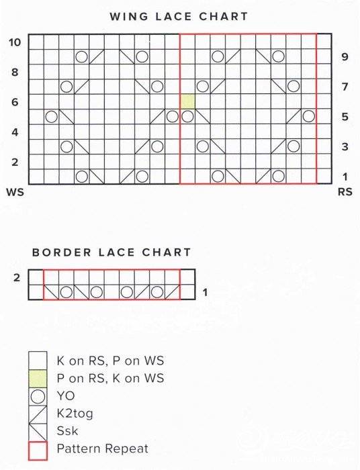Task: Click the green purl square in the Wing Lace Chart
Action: pyautogui.click(x=187, y=101)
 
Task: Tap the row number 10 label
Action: pyautogui.click(x=15, y=42)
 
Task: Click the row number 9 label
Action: pyautogui.click(x=345, y=56)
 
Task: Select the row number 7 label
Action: pyautogui.click(x=345, y=87)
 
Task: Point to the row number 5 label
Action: pyautogui.click(x=345, y=117)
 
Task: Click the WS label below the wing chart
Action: pyautogui.click(x=15, y=191)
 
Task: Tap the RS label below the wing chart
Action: pyautogui.click(x=345, y=191)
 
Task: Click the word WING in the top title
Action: pyautogui.click(x=129, y=16)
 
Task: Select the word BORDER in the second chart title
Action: pyautogui.click(x=61, y=252)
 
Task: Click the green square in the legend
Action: pyautogui.click(x=38, y=379)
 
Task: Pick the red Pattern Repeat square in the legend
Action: pyautogui.click(x=38, y=451)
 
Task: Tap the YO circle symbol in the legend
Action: pyautogui.click(x=38, y=396)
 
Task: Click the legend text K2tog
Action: pyautogui.click(x=75, y=414)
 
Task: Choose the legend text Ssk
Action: pyautogui.click(x=67, y=431)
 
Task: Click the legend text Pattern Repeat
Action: pyautogui.click(x=103, y=449)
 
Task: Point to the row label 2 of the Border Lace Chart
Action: pyautogui.click(x=17, y=277)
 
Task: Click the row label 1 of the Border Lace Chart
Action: pyautogui.click(x=205, y=292)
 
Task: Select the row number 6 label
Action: pyautogui.click(x=15, y=102)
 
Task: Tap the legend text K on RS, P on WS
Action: pyautogui.click(x=110, y=361)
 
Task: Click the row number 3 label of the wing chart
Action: pyautogui.click(x=345, y=146)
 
